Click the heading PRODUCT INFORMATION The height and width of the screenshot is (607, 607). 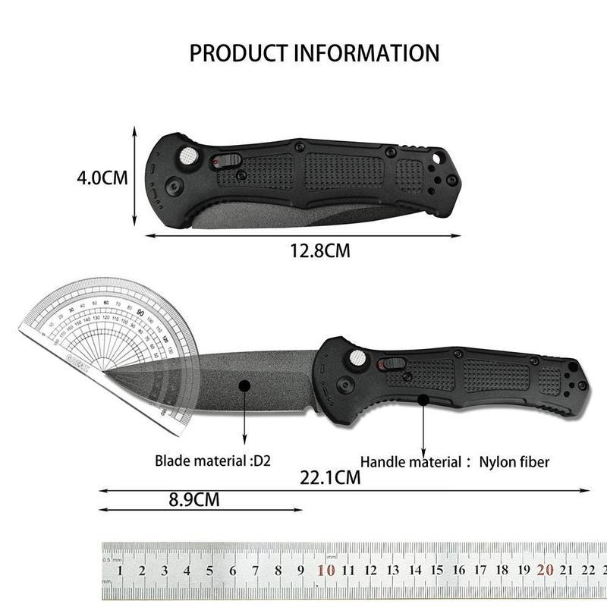pyautogui.click(x=313, y=53)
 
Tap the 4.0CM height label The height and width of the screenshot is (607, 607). pyautogui.click(x=102, y=178)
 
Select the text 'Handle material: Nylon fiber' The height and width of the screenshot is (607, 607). pyautogui.click(x=454, y=461)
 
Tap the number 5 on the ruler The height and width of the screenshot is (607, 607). pyautogui.click(x=210, y=571)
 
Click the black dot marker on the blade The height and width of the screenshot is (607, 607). pyautogui.click(x=244, y=386)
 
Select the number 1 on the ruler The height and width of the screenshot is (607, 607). pyautogui.click(x=121, y=571)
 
